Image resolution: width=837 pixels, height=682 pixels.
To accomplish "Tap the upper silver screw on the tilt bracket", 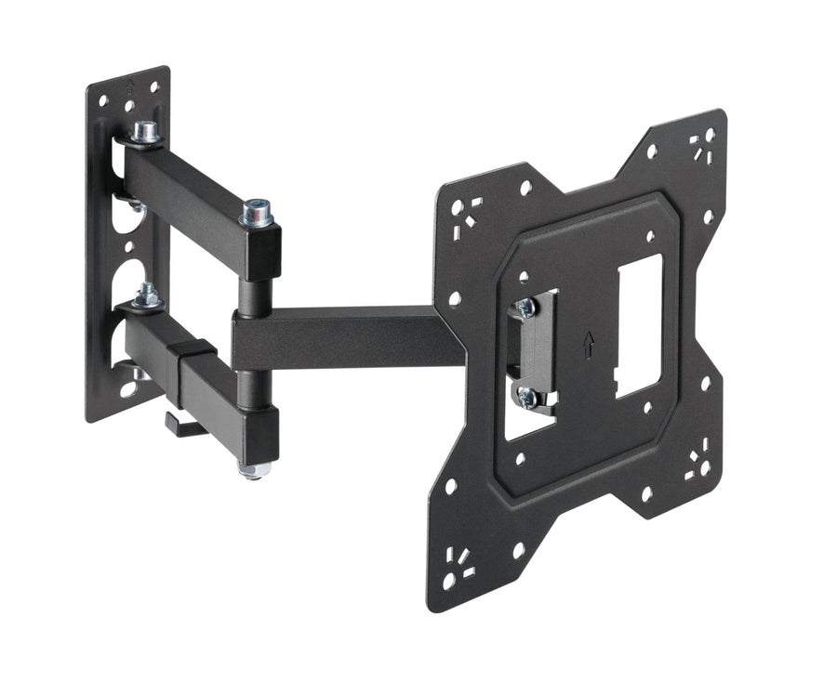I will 526,308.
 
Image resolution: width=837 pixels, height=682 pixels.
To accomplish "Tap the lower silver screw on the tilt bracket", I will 526,398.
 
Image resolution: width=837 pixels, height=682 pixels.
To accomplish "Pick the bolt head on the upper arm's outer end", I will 257,215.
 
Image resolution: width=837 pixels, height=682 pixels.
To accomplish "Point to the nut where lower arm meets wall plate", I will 146,297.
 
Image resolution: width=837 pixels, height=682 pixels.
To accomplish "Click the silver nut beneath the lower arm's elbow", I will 254,469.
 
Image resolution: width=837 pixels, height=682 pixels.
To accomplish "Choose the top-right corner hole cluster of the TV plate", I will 701,145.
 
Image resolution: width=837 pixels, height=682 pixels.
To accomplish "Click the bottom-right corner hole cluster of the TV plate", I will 697,464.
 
